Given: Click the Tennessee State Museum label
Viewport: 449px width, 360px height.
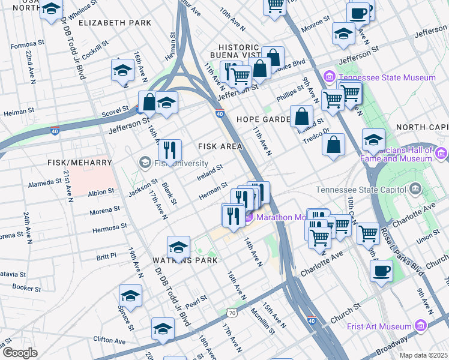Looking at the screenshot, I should (x=387, y=78).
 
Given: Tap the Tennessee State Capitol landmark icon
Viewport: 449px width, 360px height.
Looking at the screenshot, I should (x=415, y=190).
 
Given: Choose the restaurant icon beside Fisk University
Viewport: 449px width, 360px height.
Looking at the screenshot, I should (x=170, y=151).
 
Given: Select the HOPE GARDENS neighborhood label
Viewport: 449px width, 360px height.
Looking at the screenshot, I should (x=264, y=119).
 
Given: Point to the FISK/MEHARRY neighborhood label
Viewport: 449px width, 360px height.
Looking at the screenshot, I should (x=79, y=163).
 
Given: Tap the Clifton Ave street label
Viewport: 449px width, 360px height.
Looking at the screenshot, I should (x=109, y=340).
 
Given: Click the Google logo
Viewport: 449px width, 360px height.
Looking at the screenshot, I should (x=20, y=353).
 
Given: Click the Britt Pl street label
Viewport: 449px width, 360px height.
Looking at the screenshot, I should (x=105, y=256).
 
